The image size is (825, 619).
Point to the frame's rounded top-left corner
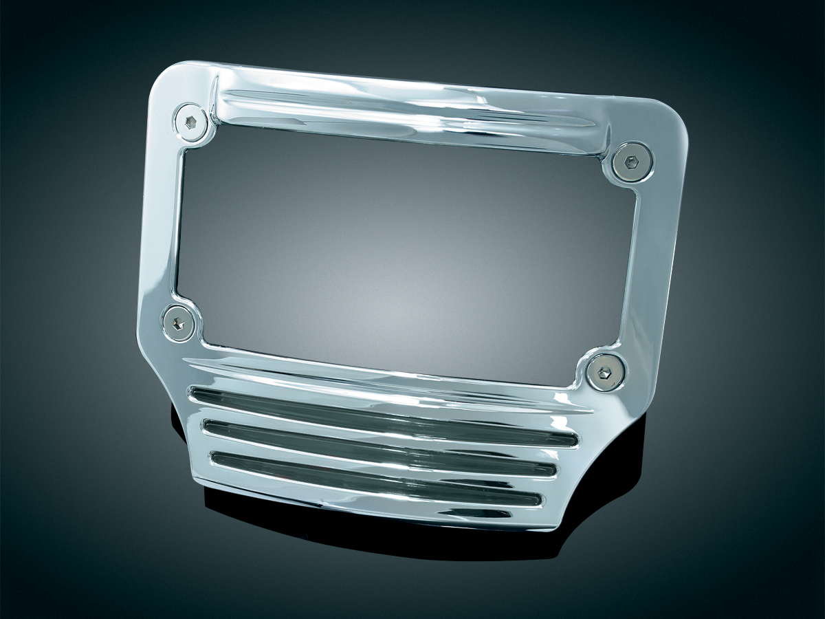[x=165, y=76]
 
